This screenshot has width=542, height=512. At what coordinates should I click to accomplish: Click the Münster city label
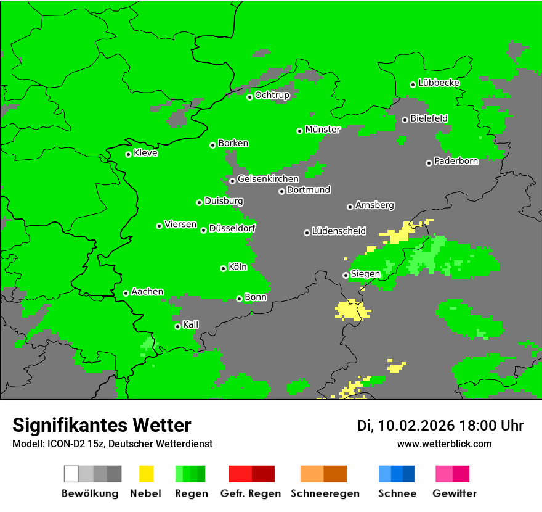(323, 130)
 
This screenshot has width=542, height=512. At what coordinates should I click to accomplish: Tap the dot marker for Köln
(223, 268)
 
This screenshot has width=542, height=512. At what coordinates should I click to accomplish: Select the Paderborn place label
(456, 162)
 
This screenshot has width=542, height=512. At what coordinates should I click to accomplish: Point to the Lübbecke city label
(439, 83)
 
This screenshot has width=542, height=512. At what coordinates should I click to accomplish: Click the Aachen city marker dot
(126, 293)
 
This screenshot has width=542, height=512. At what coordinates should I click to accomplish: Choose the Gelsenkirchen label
(268, 179)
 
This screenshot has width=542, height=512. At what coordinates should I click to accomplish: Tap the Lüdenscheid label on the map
(339, 231)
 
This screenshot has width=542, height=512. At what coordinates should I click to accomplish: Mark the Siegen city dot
(346, 275)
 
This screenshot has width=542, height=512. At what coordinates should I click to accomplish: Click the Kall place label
(191, 324)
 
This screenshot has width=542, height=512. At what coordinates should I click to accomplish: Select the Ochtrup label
(272, 95)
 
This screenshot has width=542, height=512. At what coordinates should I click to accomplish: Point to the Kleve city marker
(128, 154)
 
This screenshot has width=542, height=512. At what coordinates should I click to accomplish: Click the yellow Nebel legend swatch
(146, 474)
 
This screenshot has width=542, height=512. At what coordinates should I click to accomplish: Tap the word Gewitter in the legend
(455, 493)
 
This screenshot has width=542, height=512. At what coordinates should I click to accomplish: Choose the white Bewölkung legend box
(71, 474)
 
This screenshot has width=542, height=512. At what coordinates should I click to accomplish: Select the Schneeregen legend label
(325, 493)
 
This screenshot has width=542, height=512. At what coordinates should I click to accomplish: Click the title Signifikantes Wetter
(102, 425)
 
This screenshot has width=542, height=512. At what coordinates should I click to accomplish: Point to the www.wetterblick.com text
(445, 444)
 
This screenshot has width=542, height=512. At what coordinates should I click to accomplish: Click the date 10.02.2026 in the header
(416, 426)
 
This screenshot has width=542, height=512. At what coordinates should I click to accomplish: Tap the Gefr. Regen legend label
(251, 493)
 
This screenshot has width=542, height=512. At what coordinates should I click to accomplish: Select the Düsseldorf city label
(232, 228)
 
